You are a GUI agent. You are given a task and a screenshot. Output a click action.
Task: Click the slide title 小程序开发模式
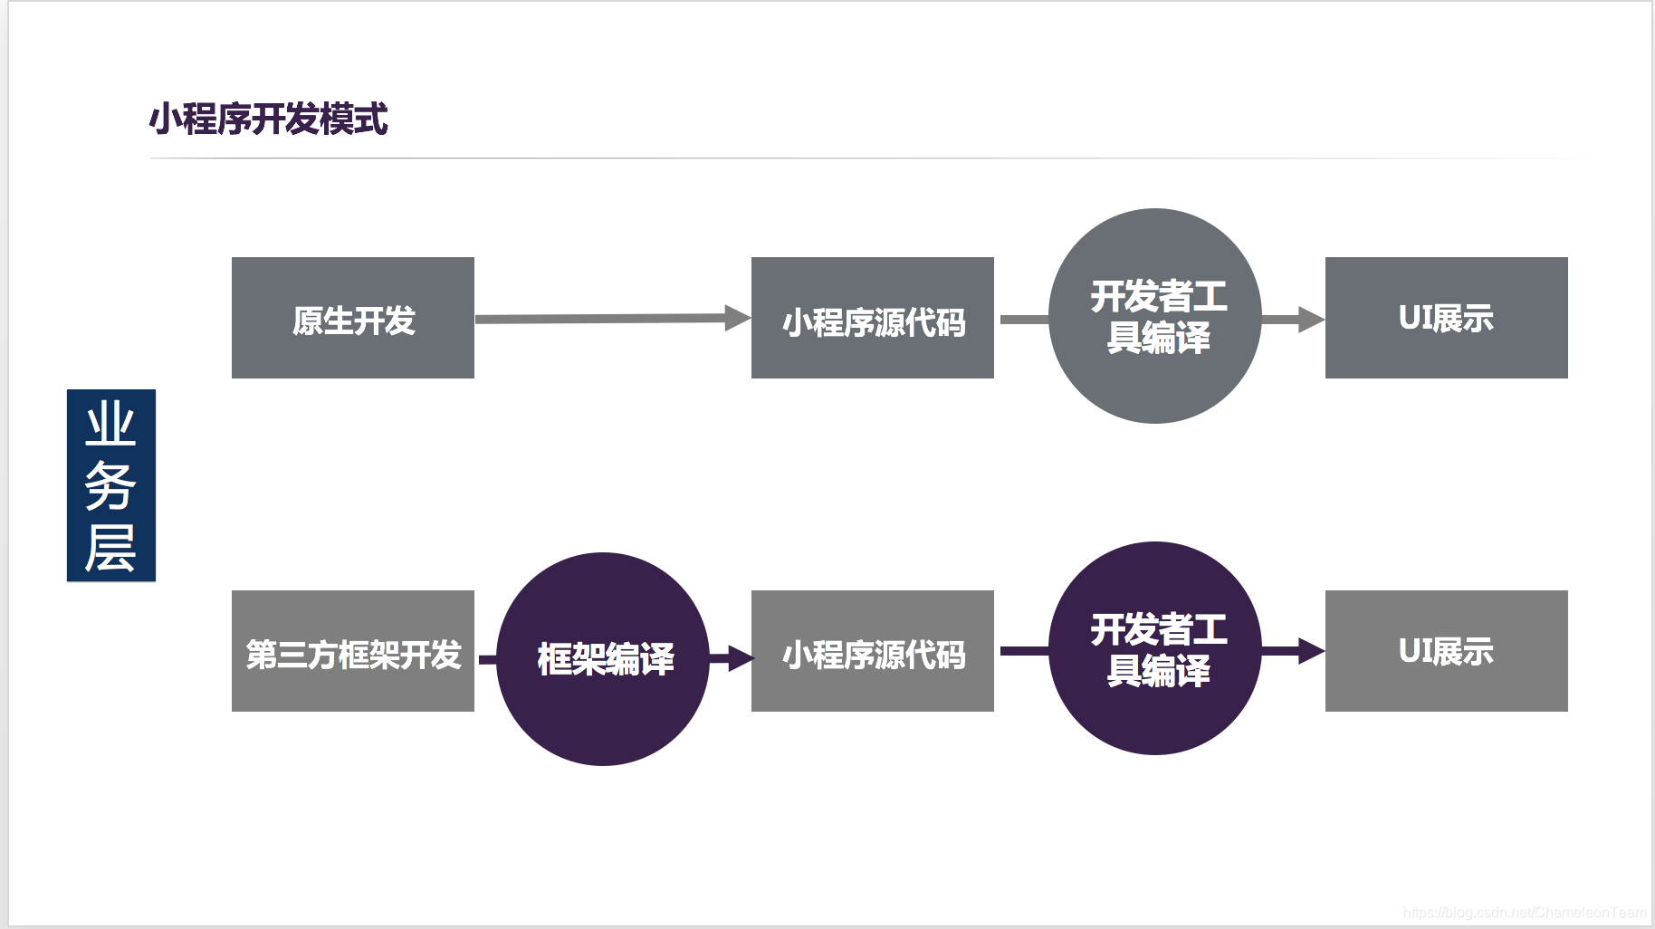(269, 120)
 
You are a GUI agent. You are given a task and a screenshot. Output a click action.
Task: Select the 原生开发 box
(353, 318)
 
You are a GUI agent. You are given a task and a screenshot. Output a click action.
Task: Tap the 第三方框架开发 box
(353, 651)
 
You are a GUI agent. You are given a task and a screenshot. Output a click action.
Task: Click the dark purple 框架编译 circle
(604, 659)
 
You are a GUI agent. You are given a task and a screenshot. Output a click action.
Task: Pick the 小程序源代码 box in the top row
(873, 318)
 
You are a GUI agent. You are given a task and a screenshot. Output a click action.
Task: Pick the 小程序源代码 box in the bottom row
(873, 651)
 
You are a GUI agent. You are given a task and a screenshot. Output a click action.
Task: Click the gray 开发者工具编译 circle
(1155, 316)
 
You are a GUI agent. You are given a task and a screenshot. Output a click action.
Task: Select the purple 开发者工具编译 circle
(1155, 648)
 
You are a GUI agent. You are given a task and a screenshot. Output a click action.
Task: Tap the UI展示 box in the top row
(1447, 318)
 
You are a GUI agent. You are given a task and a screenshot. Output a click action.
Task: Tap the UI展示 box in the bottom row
(1447, 651)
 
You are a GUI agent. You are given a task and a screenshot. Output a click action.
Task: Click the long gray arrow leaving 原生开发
(602, 319)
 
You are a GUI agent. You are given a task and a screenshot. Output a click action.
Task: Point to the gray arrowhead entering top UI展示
(1310, 319)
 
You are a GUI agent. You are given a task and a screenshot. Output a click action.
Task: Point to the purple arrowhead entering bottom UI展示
(1310, 651)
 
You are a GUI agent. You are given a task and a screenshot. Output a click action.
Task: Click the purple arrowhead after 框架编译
(739, 658)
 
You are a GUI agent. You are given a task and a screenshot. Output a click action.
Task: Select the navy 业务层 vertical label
(111, 485)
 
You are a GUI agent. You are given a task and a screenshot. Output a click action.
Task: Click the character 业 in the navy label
(111, 425)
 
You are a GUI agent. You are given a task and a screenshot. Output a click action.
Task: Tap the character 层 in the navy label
(111, 548)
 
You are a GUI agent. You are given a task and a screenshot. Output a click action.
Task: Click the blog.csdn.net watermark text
(1525, 913)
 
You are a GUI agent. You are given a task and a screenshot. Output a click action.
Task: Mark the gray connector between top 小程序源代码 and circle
(1024, 320)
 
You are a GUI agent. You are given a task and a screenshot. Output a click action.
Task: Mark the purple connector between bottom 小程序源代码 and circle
(1024, 651)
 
